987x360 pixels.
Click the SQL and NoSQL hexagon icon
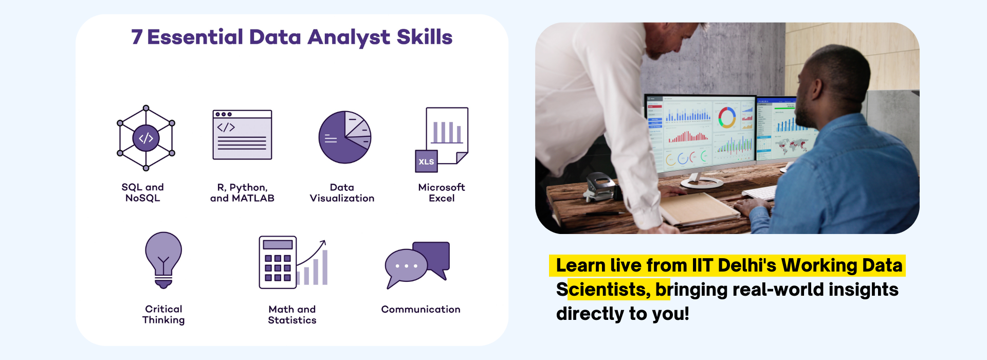(146, 138)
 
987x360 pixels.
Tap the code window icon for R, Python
(242, 135)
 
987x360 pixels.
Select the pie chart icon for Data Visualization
(345, 137)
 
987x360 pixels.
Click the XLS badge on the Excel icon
(426, 161)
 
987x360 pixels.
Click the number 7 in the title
(136, 37)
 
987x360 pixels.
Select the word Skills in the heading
(424, 37)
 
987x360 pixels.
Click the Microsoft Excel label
(442, 193)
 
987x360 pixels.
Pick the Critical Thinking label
(163, 314)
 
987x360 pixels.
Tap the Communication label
(421, 309)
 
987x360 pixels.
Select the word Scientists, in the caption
(604, 290)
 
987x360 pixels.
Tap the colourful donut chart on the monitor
(727, 117)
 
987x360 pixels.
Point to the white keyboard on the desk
(760, 192)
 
